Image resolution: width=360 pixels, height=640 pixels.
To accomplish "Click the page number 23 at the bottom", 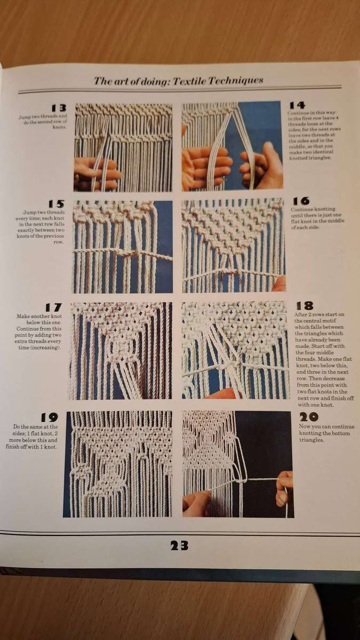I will pyautogui.click(x=179, y=545).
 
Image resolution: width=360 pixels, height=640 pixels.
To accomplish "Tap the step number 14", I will pyautogui.click(x=297, y=105).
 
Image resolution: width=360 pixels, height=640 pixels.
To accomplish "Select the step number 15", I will pyautogui.click(x=56, y=204).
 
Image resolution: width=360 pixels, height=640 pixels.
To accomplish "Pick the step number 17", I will pyautogui.click(x=53, y=307).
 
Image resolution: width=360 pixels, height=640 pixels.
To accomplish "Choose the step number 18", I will pyautogui.click(x=304, y=306).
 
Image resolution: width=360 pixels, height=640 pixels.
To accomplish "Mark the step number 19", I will pyautogui.click(x=49, y=418).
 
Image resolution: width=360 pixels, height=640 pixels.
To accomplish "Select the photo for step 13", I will pyautogui.click(x=123, y=147).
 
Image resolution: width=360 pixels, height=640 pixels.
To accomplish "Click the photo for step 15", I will pyautogui.click(x=123, y=246).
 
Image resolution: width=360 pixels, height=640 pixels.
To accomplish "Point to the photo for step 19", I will pyautogui.click(x=118, y=464).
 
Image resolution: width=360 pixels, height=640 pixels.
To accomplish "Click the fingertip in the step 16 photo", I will pyautogui.click(x=279, y=284).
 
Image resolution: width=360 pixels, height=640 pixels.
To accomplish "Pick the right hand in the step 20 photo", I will pyautogui.click(x=284, y=486).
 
